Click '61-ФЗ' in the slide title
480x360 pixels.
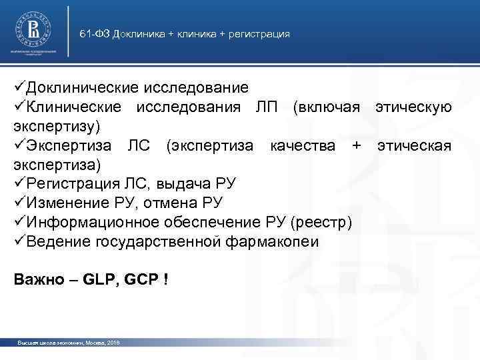click(x=95, y=34)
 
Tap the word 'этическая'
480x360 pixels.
click(x=414, y=145)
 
